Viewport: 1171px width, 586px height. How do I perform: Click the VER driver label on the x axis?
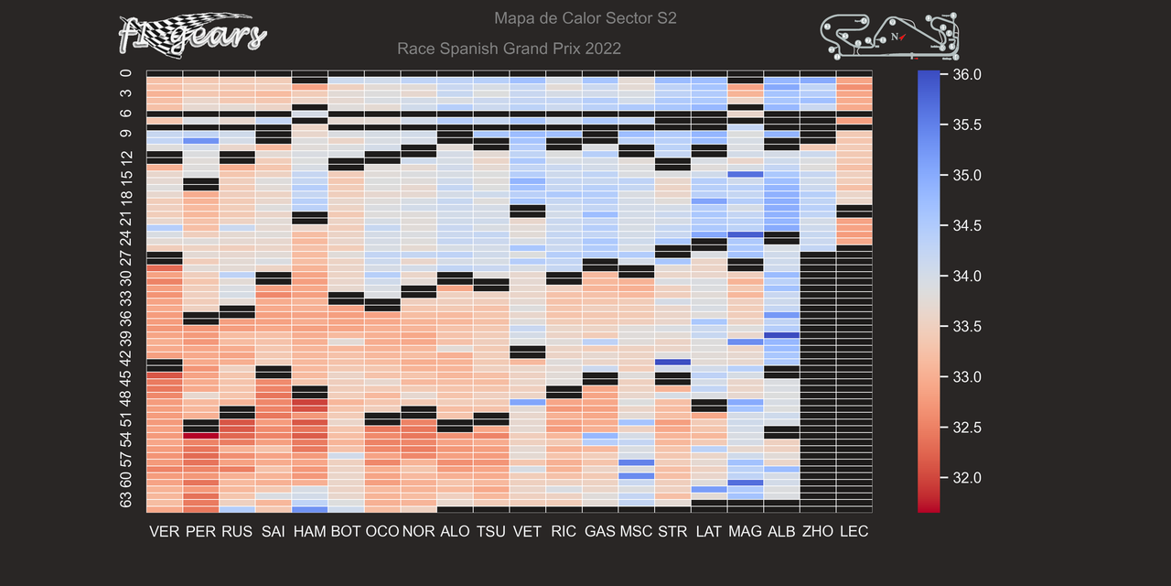(165, 531)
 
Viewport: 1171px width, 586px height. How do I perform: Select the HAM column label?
(309, 531)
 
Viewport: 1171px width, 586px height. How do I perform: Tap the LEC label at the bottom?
(854, 531)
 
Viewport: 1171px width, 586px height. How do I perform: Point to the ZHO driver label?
(817, 531)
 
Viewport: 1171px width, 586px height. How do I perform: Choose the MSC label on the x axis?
(636, 531)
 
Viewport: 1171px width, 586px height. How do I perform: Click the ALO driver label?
(455, 531)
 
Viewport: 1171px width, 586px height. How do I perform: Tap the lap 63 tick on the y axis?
(126, 500)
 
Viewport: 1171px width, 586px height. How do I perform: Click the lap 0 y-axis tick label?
(126, 74)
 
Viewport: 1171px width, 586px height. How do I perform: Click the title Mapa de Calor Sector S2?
(585, 18)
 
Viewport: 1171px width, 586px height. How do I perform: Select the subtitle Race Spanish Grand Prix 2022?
(510, 49)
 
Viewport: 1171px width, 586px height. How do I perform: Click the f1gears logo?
(192, 34)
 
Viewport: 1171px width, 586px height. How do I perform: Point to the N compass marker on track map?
(895, 38)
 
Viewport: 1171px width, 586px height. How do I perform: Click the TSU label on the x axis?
(491, 531)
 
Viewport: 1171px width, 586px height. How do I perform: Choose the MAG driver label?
(745, 531)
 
